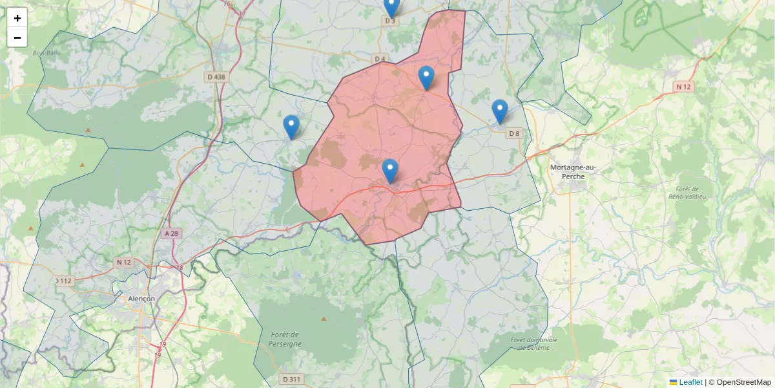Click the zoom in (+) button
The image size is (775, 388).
tap(17, 18)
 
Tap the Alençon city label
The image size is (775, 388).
tap(141, 299)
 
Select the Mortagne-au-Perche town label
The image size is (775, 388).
tap(572, 171)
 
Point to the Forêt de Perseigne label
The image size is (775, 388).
tap(285, 339)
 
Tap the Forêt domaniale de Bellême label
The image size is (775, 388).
tap(533, 343)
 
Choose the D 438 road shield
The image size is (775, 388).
tap(217, 77)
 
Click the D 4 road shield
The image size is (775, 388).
tap(379, 59)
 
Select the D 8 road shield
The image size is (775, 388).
tap(514, 134)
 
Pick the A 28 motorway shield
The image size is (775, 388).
tap(171, 233)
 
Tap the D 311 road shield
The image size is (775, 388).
tap(291, 379)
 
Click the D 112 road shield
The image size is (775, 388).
tap(64, 281)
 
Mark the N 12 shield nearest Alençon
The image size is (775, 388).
tap(123, 262)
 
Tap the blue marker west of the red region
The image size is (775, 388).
tap(291, 127)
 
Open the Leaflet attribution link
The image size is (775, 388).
tap(690, 382)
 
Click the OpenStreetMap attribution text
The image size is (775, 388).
tap(743, 382)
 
